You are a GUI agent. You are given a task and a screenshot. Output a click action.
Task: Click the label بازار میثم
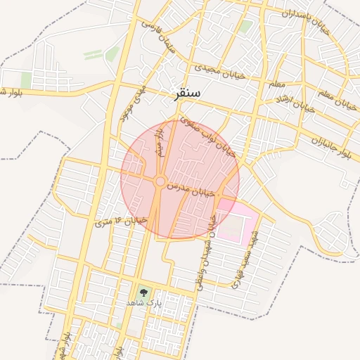click(x=161, y=137)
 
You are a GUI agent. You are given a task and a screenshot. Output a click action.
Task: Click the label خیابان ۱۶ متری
click(x=120, y=223)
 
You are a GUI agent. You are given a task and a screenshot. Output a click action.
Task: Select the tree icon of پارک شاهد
click(x=144, y=291)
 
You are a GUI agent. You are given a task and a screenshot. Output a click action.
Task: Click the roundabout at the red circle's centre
click(x=160, y=182)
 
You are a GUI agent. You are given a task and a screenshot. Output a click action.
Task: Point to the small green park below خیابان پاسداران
click(x=245, y=27)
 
